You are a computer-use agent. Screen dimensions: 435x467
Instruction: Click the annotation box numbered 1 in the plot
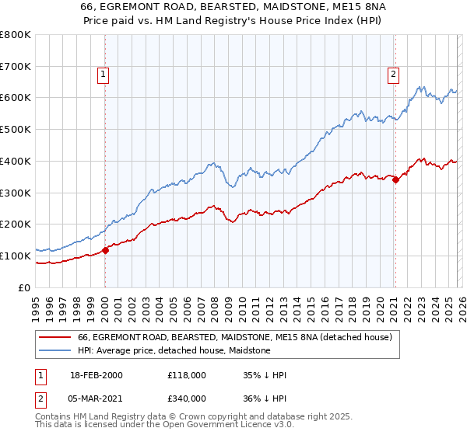pyautogui.click(x=104, y=75)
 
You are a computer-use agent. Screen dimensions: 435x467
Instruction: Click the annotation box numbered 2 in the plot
pyautogui.click(x=394, y=75)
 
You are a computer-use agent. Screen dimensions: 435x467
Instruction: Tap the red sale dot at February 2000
pyautogui.click(x=106, y=250)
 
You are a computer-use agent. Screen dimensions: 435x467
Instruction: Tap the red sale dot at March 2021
pyautogui.click(x=395, y=180)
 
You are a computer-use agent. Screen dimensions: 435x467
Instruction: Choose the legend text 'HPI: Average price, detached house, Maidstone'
pyautogui.click(x=174, y=351)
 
